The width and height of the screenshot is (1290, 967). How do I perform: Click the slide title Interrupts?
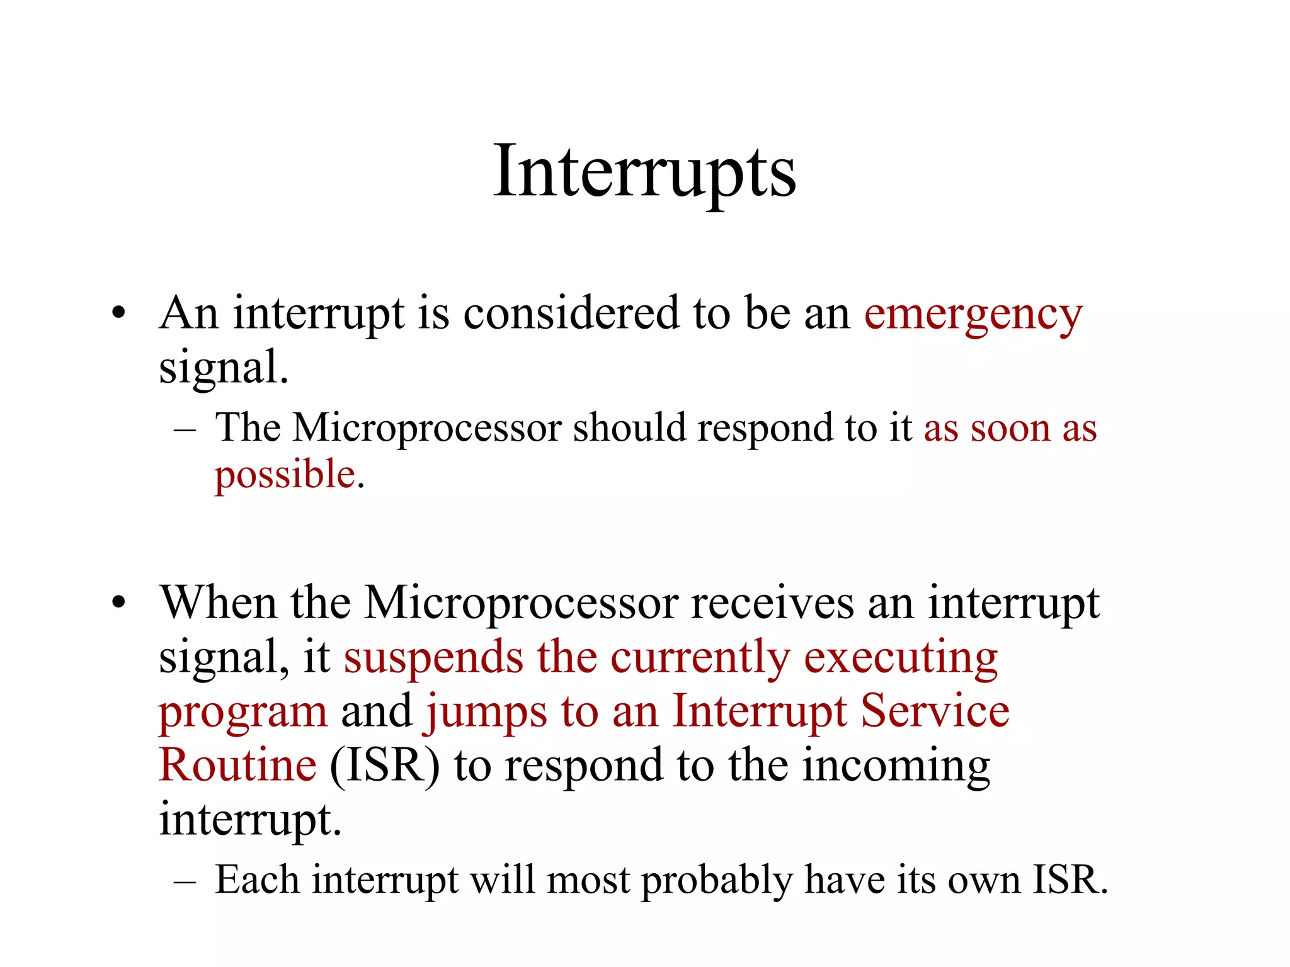[644, 171]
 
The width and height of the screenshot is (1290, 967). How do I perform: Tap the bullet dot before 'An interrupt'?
[118, 313]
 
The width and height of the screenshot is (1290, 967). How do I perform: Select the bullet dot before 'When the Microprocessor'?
[118, 602]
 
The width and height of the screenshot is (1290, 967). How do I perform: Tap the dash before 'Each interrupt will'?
[185, 882]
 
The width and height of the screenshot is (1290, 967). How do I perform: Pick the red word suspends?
[433, 659]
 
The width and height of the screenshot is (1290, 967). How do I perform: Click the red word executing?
[901, 659]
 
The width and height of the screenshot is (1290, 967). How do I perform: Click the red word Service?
[935, 711]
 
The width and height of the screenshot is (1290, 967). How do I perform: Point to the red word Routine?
[237, 766]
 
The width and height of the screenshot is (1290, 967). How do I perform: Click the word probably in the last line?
[717, 881]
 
